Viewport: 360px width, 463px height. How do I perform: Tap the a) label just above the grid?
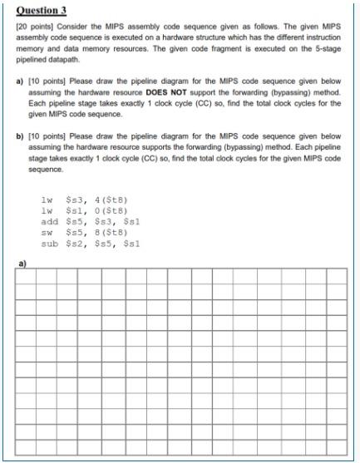[x=21, y=264]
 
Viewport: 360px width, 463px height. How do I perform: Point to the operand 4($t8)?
[x=109, y=199]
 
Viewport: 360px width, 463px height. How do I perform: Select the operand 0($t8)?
[x=109, y=211]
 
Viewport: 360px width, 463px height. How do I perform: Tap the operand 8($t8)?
[x=109, y=234]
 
